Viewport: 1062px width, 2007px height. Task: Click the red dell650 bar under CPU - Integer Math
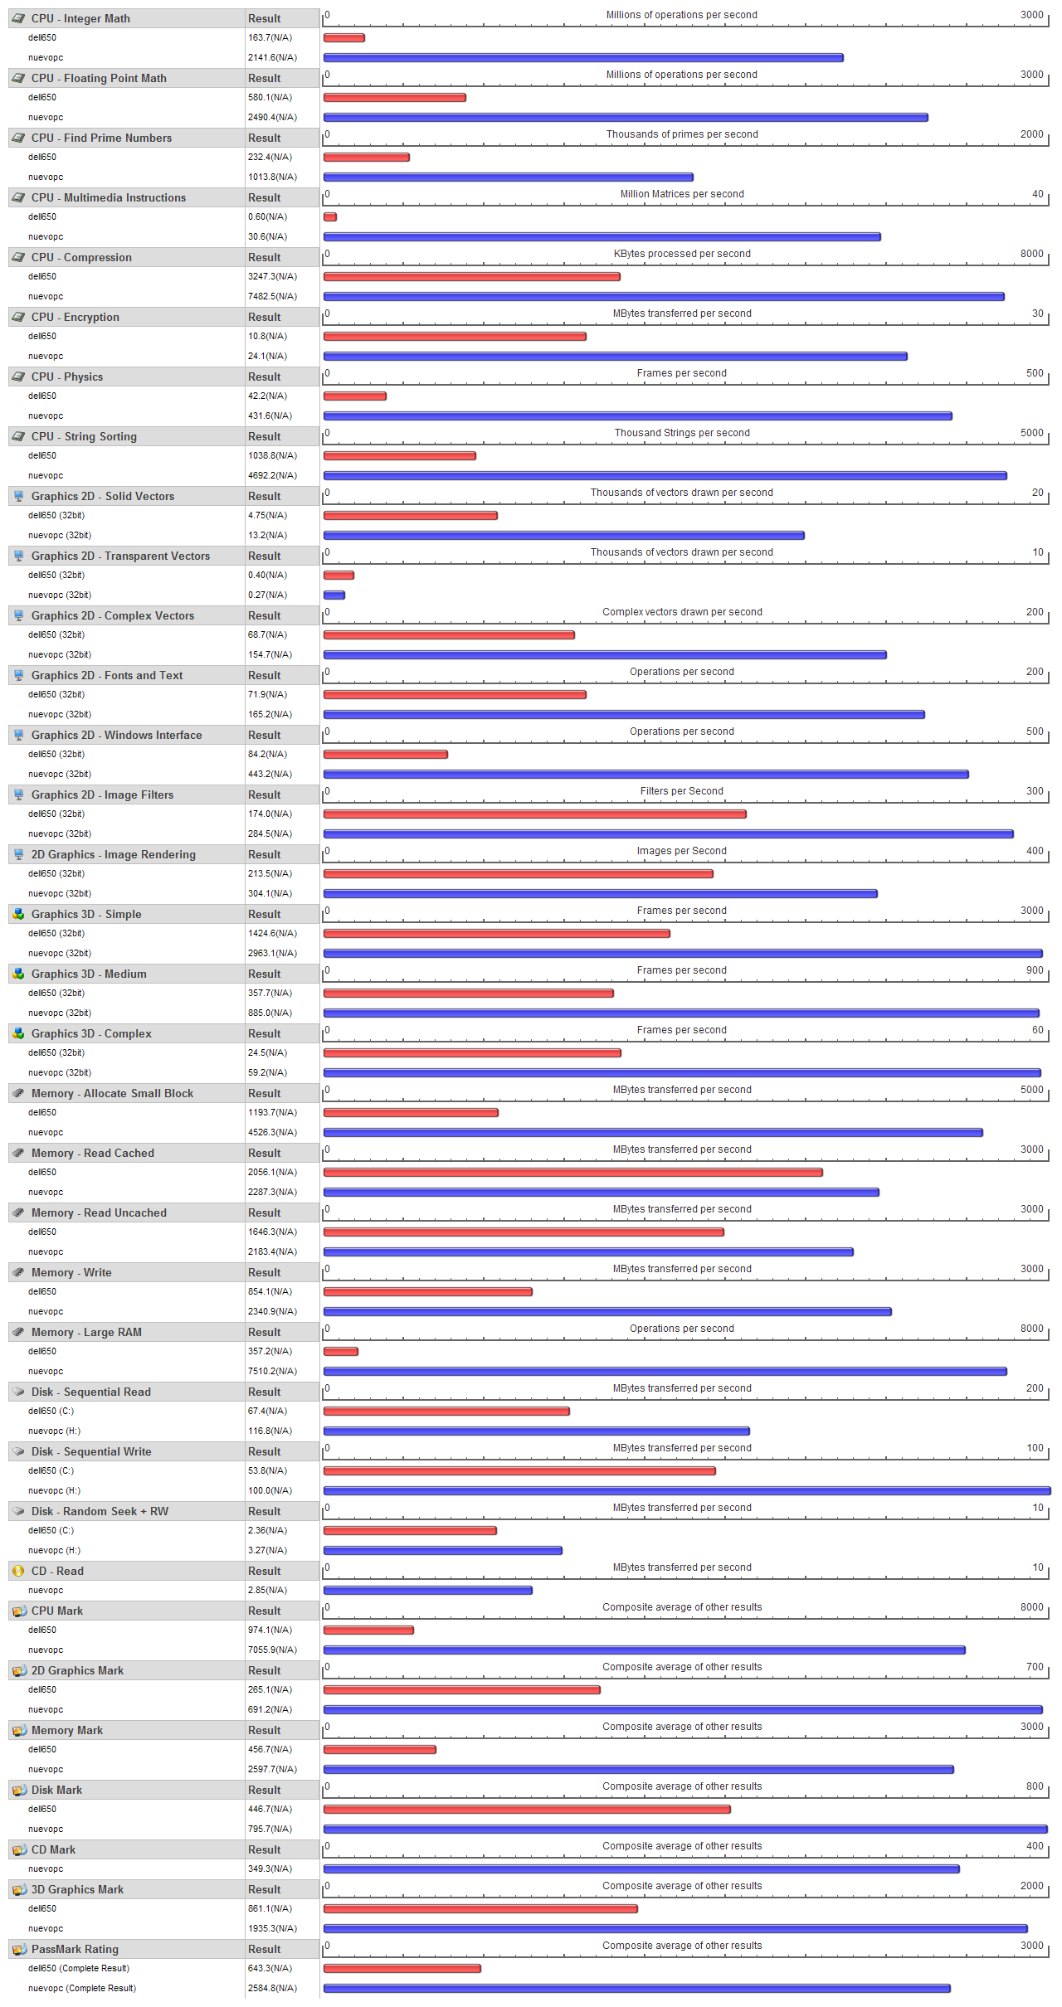[343, 37]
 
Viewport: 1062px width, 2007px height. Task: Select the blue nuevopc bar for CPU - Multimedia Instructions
[602, 236]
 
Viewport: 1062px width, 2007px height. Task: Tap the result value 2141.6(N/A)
[272, 57]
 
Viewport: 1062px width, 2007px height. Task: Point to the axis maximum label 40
[1037, 194]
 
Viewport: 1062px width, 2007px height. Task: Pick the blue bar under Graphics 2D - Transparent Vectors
[334, 595]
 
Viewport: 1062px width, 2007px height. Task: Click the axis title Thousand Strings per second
[682, 433]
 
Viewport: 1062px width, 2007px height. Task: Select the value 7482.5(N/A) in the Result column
[272, 296]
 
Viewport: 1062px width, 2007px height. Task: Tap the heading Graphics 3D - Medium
[89, 974]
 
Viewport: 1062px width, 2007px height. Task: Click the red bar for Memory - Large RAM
[340, 1351]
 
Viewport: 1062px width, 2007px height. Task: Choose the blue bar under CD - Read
[427, 1590]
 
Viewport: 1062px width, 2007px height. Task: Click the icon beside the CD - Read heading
[18, 1571]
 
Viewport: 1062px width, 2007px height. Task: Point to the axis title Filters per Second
[682, 791]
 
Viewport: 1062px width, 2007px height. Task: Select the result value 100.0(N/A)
[270, 1490]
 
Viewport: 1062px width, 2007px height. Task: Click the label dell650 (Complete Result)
[79, 1968]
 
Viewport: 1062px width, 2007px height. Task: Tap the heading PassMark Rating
[75, 1949]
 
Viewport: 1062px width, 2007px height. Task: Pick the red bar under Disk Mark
[527, 1809]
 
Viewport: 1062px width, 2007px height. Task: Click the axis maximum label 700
[1035, 1667]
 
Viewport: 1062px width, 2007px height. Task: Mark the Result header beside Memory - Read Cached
[265, 1153]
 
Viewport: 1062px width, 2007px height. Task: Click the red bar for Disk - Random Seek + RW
[410, 1530]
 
